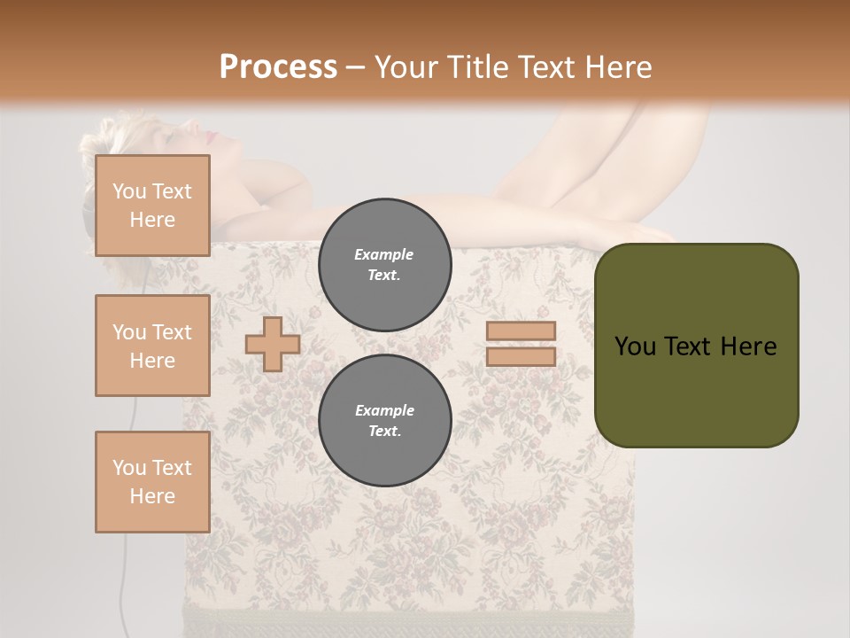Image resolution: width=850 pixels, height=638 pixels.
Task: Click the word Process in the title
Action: tap(278, 67)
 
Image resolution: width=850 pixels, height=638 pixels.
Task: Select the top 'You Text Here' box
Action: tap(152, 206)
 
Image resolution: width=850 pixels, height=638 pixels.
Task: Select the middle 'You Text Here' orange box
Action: tap(152, 346)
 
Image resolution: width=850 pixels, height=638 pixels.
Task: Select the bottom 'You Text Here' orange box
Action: tap(152, 481)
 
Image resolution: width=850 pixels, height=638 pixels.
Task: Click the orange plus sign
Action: tap(273, 344)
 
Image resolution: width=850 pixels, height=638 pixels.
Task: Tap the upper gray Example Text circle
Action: tap(385, 265)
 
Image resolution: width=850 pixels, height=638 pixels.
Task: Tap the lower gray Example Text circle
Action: tap(385, 421)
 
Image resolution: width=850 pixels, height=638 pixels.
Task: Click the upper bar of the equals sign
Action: tap(521, 331)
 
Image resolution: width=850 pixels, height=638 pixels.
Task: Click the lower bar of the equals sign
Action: tap(521, 356)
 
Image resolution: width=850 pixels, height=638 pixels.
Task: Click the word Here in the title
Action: tap(620, 67)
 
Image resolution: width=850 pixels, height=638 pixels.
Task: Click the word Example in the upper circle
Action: tap(384, 254)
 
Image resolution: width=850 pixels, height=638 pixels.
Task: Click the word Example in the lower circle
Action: tap(384, 410)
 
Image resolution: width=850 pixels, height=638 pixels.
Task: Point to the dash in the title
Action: tap(355, 68)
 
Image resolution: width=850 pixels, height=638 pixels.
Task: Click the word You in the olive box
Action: tap(635, 346)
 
